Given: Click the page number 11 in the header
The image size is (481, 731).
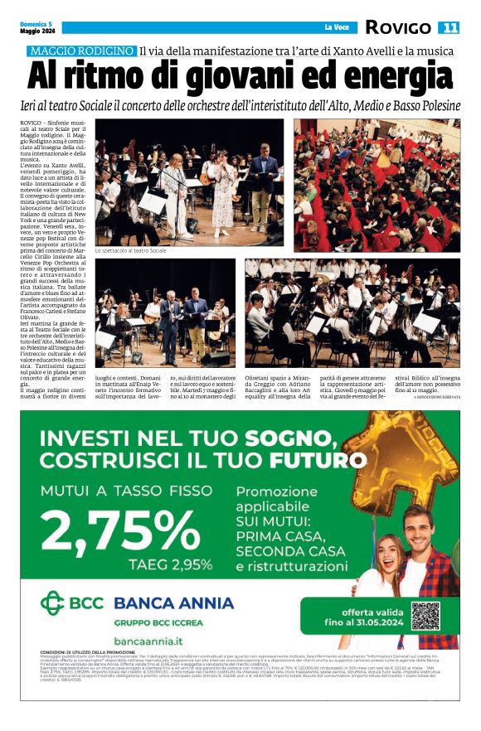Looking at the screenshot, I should coord(449,27).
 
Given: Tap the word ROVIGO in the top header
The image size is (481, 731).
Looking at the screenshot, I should coord(398,27).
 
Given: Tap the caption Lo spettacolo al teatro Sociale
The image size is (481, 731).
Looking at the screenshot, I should coord(130,250).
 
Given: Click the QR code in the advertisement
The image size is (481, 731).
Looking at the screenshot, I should coord(425,616).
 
